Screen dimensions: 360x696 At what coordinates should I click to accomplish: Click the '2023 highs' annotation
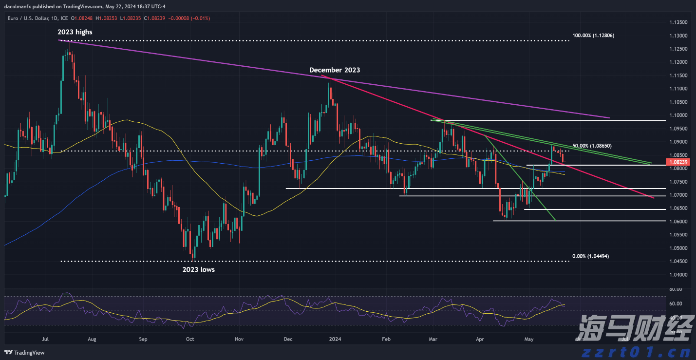pos(75,32)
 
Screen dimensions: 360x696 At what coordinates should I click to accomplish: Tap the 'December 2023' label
pos(335,70)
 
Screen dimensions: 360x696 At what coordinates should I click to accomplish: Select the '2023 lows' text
pos(198,269)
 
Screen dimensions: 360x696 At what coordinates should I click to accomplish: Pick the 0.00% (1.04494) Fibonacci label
pos(590,256)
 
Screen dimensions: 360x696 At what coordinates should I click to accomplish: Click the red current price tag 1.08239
pos(679,162)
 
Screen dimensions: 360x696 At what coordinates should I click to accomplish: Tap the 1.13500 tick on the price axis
pos(680,22)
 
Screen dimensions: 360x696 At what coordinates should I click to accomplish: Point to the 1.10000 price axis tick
pos(680,115)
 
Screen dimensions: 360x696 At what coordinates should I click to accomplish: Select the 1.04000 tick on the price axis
pos(680,275)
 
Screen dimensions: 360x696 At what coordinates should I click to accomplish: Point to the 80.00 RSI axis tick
pos(676,289)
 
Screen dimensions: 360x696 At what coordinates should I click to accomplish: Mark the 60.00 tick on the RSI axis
pos(676,303)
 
